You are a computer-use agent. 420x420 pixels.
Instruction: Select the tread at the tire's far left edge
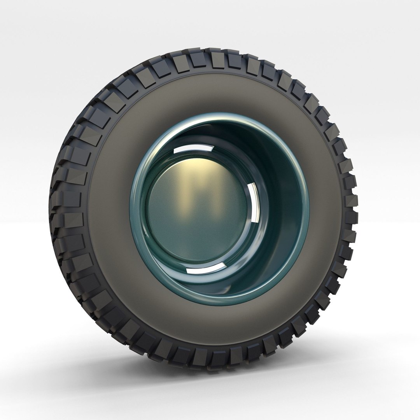tap(54, 210)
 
